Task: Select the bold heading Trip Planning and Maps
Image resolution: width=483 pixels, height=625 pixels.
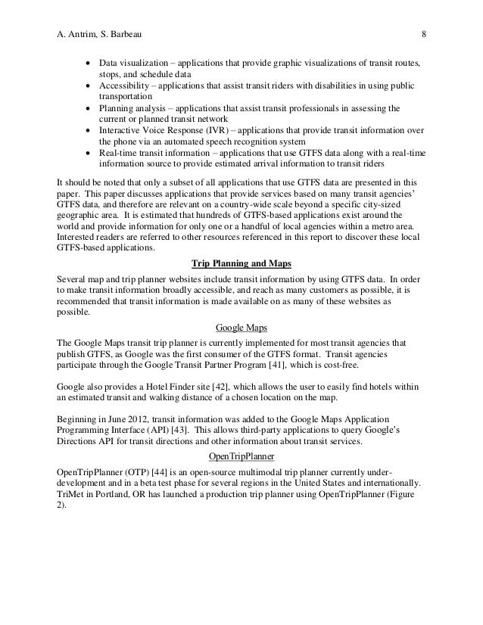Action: (x=241, y=263)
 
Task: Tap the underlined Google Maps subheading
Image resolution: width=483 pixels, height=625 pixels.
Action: (x=241, y=329)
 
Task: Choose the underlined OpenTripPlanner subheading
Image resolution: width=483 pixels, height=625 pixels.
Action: (x=241, y=457)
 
